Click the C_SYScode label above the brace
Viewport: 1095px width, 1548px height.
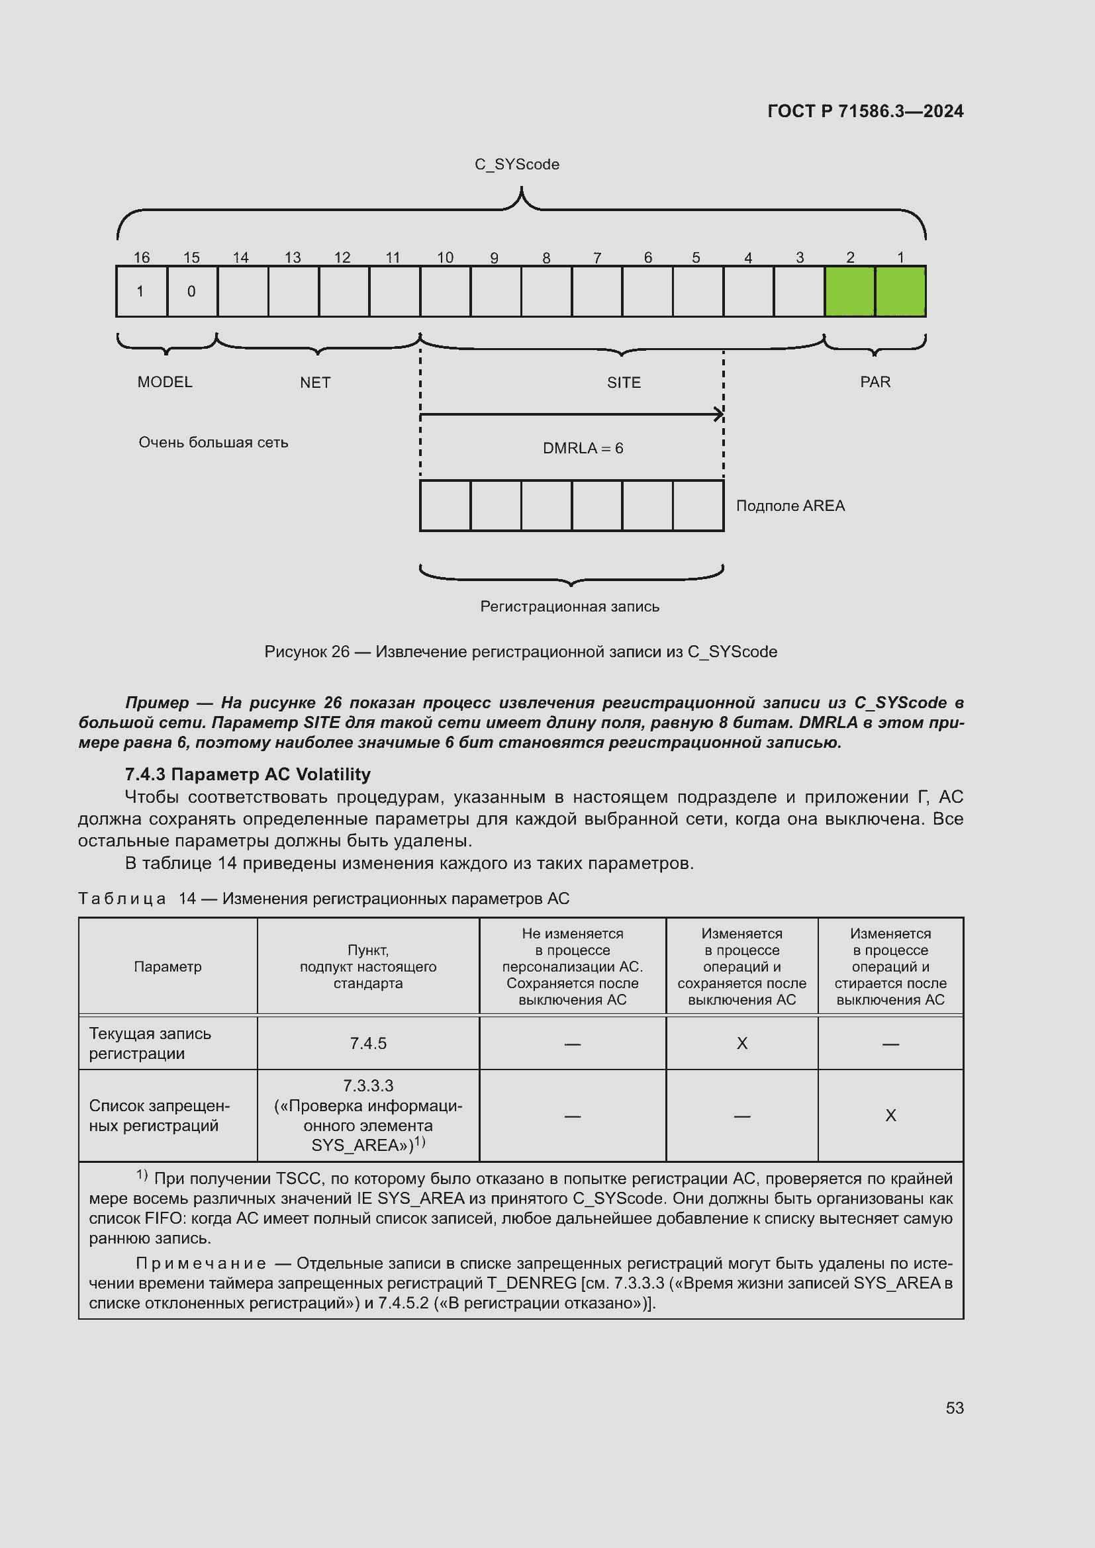tap(516, 165)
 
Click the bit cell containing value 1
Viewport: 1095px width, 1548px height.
tap(142, 291)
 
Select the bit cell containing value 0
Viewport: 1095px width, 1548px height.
tap(192, 291)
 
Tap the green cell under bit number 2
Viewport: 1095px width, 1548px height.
tap(849, 291)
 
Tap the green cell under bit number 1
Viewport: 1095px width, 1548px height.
tap(900, 291)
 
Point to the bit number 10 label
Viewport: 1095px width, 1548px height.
tap(445, 257)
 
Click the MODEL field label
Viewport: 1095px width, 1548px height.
tap(166, 383)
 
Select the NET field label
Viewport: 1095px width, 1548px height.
tap(315, 383)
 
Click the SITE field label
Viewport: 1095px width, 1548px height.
tap(624, 383)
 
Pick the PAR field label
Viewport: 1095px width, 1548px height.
tap(875, 383)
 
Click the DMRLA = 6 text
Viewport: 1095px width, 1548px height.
tap(583, 448)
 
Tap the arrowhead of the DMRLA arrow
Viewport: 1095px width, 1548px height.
tap(720, 415)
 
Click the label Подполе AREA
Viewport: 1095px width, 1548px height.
tap(790, 506)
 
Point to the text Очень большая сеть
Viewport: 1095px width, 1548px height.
tap(213, 443)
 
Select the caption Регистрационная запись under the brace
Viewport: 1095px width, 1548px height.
tap(570, 607)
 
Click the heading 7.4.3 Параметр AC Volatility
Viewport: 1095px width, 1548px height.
tap(248, 774)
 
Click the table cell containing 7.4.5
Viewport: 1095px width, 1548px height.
tap(368, 1044)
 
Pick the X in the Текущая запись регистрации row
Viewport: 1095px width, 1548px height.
tap(741, 1044)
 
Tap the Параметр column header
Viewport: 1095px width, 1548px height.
tap(168, 967)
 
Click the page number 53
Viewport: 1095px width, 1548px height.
tap(954, 1408)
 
